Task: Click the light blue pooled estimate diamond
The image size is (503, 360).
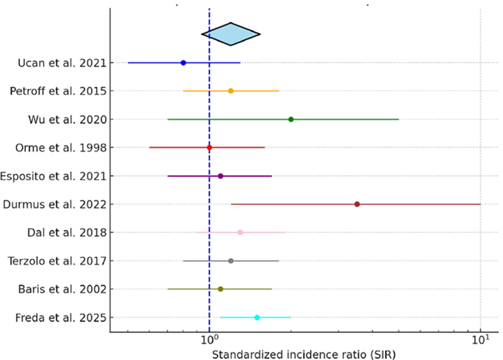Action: pyautogui.click(x=231, y=34)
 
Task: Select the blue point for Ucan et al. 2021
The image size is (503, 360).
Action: pyautogui.click(x=183, y=63)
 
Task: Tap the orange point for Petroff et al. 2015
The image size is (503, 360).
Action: pyautogui.click(x=231, y=91)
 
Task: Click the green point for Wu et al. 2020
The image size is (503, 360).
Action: pyautogui.click(x=291, y=119)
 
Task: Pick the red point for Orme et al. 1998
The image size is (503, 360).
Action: pyautogui.click(x=209, y=148)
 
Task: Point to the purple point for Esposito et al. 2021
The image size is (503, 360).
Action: pyautogui.click(x=220, y=176)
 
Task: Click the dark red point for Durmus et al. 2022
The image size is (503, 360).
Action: pyautogui.click(x=357, y=204)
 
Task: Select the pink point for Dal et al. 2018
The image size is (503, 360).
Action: pyautogui.click(x=240, y=232)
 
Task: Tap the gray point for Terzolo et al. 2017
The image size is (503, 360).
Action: pyautogui.click(x=231, y=261)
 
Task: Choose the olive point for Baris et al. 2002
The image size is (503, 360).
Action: pyautogui.click(x=220, y=289)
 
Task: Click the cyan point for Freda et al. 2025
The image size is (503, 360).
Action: pyautogui.click(x=257, y=317)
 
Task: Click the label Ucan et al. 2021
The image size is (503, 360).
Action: pyautogui.click(x=62, y=63)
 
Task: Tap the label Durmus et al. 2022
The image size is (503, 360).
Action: pyautogui.click(x=55, y=204)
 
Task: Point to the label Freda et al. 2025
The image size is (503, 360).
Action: pyautogui.click(x=61, y=318)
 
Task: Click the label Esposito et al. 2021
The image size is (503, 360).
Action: pyautogui.click(x=53, y=176)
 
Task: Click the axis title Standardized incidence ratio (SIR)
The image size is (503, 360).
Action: pyautogui.click(x=304, y=354)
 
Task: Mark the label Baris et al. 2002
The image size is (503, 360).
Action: pyautogui.click(x=62, y=289)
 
